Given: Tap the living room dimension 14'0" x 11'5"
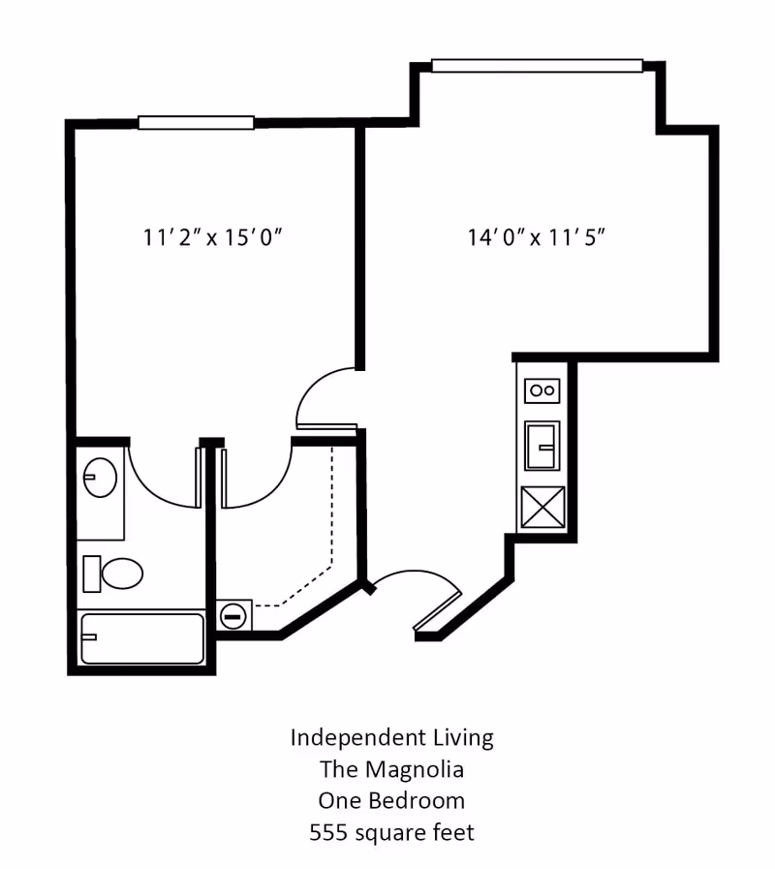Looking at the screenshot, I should (537, 237).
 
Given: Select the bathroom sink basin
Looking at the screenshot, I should (99, 478).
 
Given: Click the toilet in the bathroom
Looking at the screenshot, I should (113, 574).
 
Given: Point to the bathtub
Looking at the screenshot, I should (142, 638).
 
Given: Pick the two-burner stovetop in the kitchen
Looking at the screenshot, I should (542, 390).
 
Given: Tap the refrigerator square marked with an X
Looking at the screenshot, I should (542, 507).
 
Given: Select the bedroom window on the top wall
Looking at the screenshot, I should (196, 123).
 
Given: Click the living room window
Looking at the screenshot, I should (537, 66).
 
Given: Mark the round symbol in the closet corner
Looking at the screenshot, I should (233, 614).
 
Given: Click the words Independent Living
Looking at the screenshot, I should (391, 737).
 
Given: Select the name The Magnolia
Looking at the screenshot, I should (391, 769).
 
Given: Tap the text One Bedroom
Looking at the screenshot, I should (391, 801).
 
